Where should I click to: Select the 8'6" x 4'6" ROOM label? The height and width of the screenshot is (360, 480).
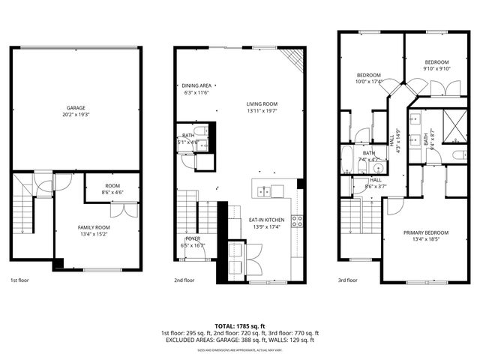click(x=112, y=188)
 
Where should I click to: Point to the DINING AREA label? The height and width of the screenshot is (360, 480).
click(x=196, y=88)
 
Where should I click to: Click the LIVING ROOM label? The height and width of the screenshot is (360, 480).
click(x=262, y=107)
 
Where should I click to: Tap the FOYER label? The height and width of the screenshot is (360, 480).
click(x=193, y=241)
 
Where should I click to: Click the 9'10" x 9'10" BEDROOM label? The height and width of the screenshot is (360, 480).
click(x=436, y=65)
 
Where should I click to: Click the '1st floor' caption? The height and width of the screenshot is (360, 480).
click(x=19, y=280)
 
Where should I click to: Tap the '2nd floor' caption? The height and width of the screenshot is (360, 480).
click(x=184, y=280)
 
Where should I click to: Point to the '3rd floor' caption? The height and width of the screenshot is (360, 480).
click(x=347, y=280)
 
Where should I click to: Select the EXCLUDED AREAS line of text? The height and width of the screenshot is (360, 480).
click(x=239, y=340)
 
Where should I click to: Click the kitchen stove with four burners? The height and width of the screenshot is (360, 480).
click(x=297, y=220)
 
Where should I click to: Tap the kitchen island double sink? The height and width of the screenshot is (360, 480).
click(x=265, y=190)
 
